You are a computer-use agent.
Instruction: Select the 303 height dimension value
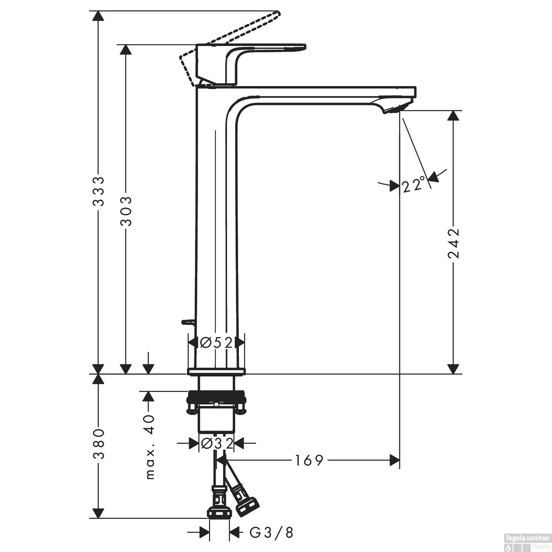(x=126, y=211)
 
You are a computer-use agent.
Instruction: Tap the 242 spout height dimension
(x=453, y=243)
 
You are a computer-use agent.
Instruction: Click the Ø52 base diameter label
(x=216, y=343)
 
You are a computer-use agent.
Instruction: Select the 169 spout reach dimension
(x=309, y=460)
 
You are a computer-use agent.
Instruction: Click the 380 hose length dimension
(x=98, y=444)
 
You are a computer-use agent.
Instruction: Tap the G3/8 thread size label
(x=272, y=532)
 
